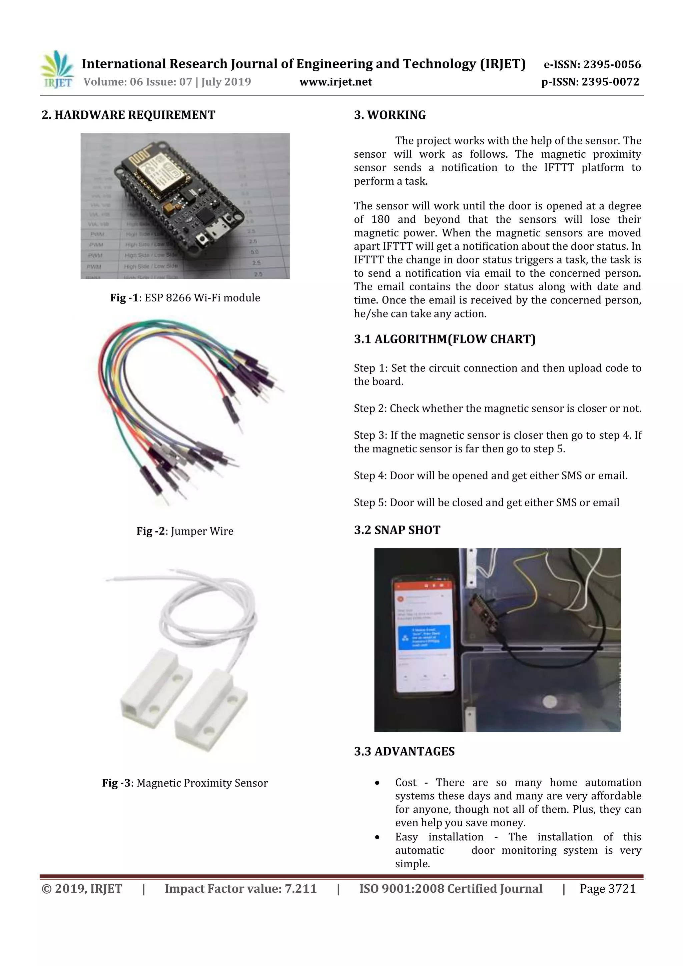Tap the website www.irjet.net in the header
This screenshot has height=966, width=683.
(335, 82)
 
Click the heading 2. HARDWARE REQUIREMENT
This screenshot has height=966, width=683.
(128, 115)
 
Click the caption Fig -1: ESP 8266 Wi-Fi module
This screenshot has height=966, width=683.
(185, 298)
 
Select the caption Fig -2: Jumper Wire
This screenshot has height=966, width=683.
(185, 531)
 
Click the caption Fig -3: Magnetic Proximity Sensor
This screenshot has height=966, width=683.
(185, 783)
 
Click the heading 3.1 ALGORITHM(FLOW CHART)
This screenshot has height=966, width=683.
(445, 339)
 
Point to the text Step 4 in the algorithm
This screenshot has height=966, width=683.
(370, 476)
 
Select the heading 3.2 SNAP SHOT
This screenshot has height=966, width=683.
(397, 530)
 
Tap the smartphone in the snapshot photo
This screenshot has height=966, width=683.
(424, 635)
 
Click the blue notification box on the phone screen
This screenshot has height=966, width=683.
(424, 638)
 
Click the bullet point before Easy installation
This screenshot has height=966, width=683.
(378, 837)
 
